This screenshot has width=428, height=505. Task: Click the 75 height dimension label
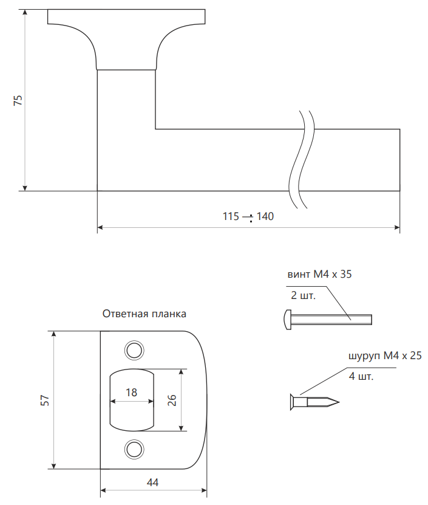[x=18, y=100]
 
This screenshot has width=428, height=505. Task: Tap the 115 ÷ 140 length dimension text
[x=248, y=216]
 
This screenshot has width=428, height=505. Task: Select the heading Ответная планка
[x=144, y=314]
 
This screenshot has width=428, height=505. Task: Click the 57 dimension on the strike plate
[x=45, y=400]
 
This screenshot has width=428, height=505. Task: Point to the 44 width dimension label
[x=152, y=482]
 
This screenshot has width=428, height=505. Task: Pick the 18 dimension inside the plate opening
[x=131, y=393]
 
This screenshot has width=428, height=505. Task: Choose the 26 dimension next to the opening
[x=172, y=400]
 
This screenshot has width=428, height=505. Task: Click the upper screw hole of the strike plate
[x=134, y=350]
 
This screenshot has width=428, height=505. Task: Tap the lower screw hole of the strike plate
[x=134, y=449]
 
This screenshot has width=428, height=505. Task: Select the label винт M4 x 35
[x=319, y=274]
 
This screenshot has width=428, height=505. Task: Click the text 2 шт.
[x=303, y=295]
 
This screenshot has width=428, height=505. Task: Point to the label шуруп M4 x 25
[x=385, y=356]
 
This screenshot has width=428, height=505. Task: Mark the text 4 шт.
[x=361, y=376]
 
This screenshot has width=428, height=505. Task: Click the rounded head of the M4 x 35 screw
[x=288, y=320]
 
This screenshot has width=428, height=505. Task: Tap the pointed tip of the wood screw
[x=338, y=402]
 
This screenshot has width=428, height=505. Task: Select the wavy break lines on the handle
[x=302, y=159]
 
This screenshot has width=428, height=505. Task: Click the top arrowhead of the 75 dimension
[x=25, y=12]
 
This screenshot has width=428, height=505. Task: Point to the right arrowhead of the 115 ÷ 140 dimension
[x=397, y=227]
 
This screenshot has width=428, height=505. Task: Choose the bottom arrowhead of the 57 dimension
[x=54, y=466]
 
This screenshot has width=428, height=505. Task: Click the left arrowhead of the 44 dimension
[x=104, y=490]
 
